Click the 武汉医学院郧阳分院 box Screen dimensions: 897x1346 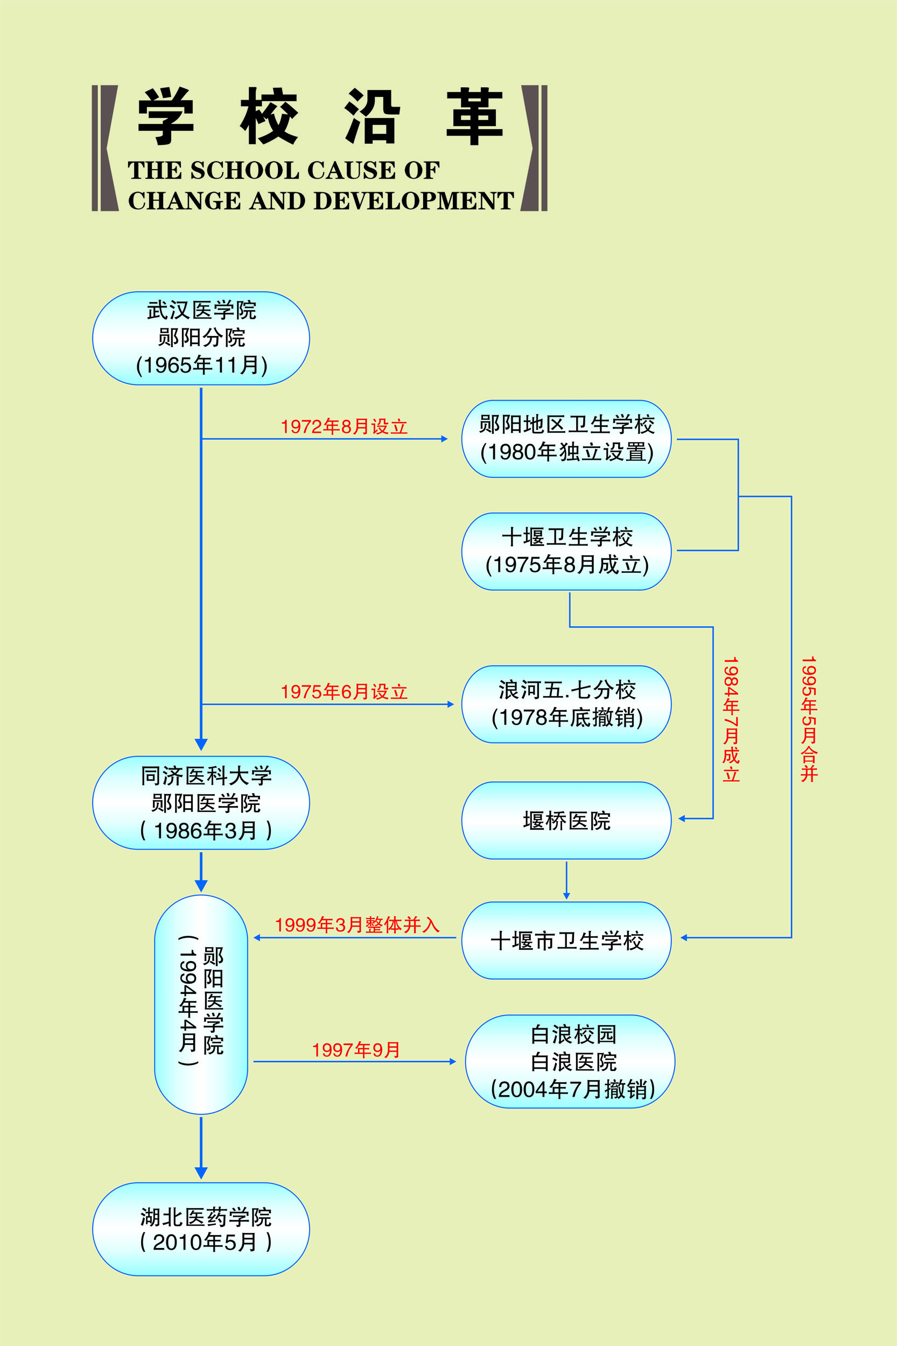[201, 338]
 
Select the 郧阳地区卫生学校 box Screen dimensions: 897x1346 [566, 439]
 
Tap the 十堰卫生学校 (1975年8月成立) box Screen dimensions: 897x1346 [566, 551]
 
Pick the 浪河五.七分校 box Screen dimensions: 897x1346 [566, 704]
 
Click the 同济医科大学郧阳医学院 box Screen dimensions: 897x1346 [201, 803]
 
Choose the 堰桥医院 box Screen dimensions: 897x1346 [566, 821]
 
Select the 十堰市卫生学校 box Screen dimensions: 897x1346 [566, 941]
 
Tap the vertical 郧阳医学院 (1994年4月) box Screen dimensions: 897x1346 [201, 1005]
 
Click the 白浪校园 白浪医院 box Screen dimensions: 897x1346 [570, 1062]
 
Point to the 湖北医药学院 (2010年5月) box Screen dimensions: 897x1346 [201, 1229]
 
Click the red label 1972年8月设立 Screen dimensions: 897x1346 [344, 427]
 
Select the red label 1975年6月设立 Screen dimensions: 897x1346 [344, 692]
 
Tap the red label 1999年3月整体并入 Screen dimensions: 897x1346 [357, 925]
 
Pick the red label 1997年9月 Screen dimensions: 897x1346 [356, 1050]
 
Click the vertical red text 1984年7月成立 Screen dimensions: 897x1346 [731, 719]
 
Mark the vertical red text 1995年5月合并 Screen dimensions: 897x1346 [809, 719]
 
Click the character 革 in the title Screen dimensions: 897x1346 [474, 116]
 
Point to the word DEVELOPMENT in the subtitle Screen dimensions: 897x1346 [414, 201]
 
